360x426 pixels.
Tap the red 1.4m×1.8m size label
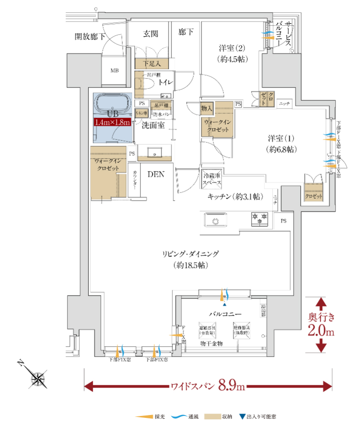[x=113, y=123]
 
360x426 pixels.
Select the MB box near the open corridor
[x=115, y=71]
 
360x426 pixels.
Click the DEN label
[x=156, y=174]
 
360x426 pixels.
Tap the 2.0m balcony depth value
[x=321, y=330]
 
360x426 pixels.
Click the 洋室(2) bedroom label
[x=232, y=48]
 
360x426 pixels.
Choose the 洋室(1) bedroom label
[x=280, y=139]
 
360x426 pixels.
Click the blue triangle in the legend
[x=242, y=417]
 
